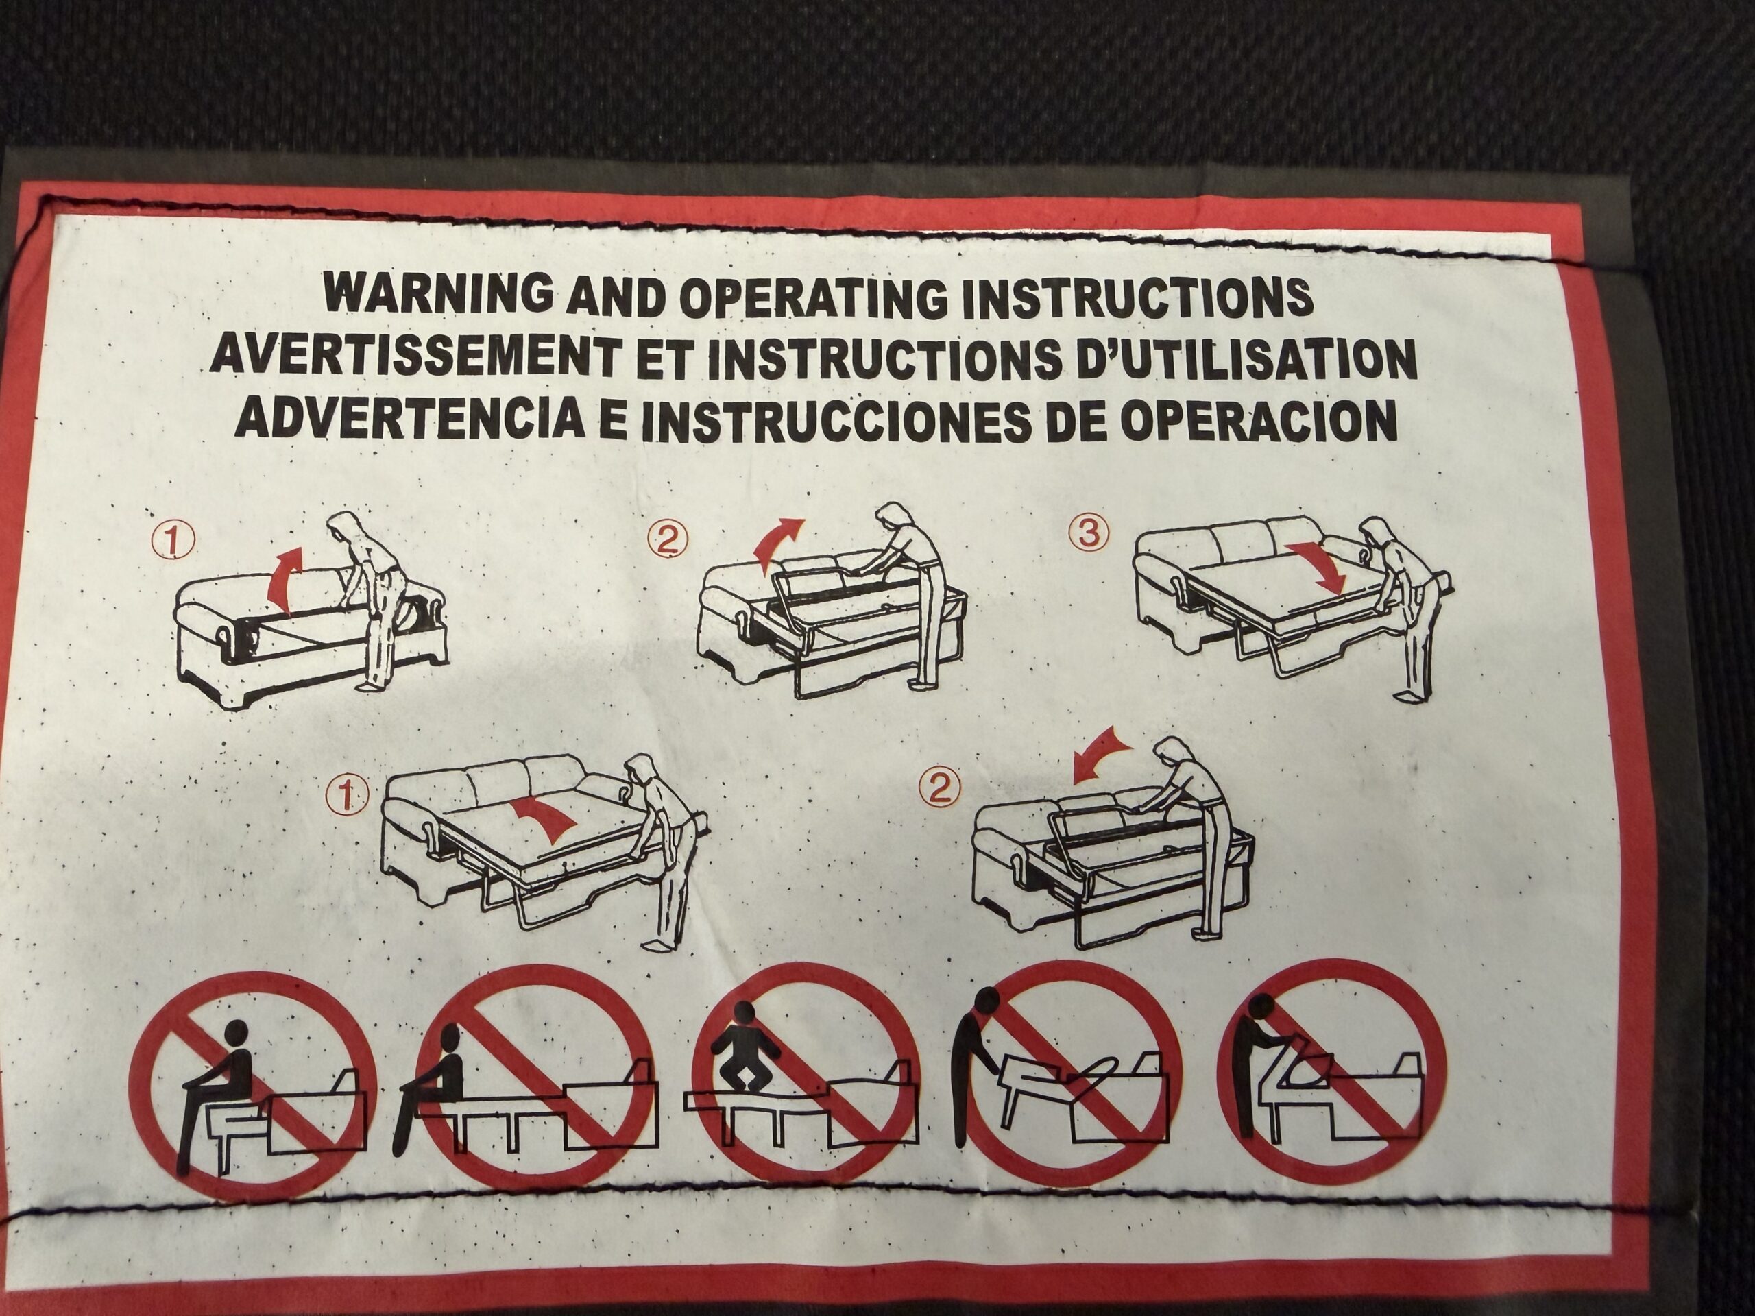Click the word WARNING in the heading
point(438,294)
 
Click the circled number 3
point(1089,533)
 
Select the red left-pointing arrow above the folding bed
point(1103,752)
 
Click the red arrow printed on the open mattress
point(546,820)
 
